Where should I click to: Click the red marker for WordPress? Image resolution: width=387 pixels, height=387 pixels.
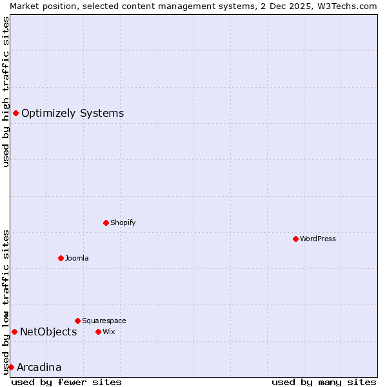click(295, 239)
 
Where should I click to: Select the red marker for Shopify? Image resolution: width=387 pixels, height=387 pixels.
click(106, 223)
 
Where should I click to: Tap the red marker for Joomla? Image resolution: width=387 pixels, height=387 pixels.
click(61, 258)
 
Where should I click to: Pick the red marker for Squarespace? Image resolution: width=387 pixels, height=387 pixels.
click(77, 321)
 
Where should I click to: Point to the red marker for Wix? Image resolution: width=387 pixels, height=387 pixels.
click(98, 332)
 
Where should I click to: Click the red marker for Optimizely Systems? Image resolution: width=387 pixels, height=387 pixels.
click(15, 114)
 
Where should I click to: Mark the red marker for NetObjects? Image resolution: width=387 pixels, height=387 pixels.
click(14, 332)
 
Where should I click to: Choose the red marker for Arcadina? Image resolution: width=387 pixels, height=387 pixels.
click(11, 367)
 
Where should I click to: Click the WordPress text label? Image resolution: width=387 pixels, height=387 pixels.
click(318, 239)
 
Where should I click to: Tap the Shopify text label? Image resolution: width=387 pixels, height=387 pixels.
click(123, 223)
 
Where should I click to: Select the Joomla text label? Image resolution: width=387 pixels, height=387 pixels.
click(77, 258)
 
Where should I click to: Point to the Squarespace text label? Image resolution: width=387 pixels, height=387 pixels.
click(104, 321)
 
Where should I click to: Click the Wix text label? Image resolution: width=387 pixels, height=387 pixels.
click(108, 332)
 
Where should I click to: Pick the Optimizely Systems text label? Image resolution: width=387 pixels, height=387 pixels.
click(72, 114)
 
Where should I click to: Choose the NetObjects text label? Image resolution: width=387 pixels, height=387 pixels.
click(48, 332)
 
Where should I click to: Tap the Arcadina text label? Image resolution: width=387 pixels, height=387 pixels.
click(39, 368)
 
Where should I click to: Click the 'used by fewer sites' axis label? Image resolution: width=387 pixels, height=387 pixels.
click(66, 382)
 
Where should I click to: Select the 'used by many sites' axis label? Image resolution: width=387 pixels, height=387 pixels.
click(324, 382)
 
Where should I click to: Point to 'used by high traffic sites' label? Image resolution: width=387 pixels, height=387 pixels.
click(6, 92)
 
